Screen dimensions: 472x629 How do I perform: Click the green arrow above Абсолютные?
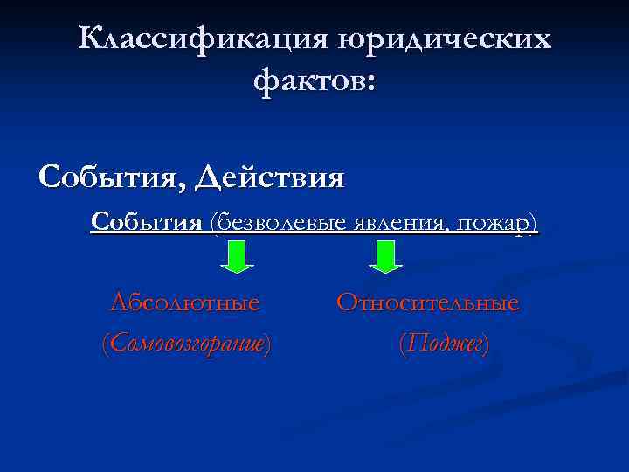(x=235, y=256)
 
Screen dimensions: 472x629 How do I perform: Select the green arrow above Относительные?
(x=385, y=256)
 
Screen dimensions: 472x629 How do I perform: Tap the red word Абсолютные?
(x=185, y=303)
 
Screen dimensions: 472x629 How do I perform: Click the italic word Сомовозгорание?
(x=186, y=344)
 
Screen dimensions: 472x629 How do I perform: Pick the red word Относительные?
(x=428, y=303)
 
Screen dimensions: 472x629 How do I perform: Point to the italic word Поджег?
(x=444, y=344)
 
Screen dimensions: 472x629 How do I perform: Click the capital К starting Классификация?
(x=88, y=39)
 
